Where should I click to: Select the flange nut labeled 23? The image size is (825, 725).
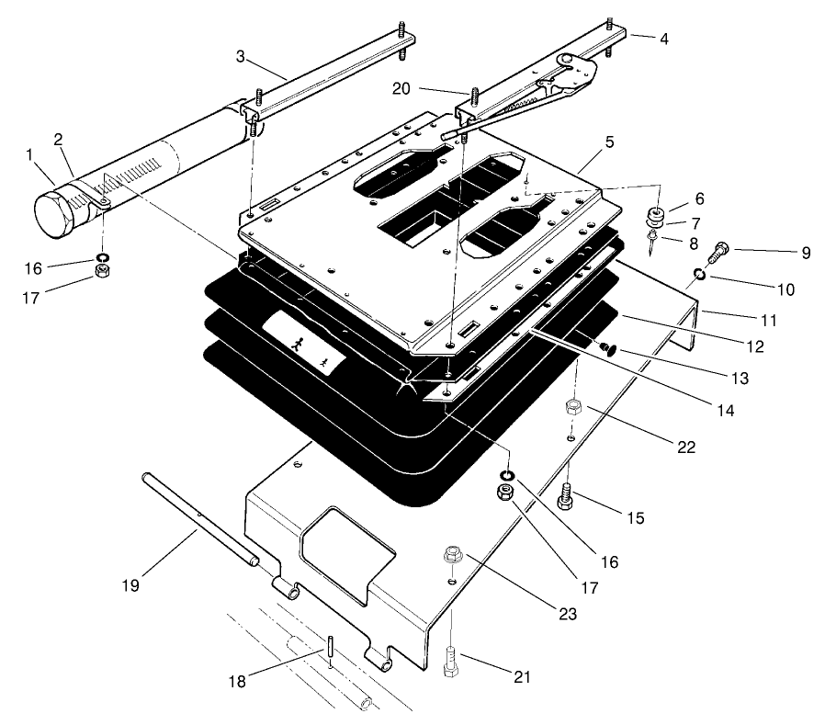(452, 555)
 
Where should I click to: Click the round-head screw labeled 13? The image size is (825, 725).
(605, 348)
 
